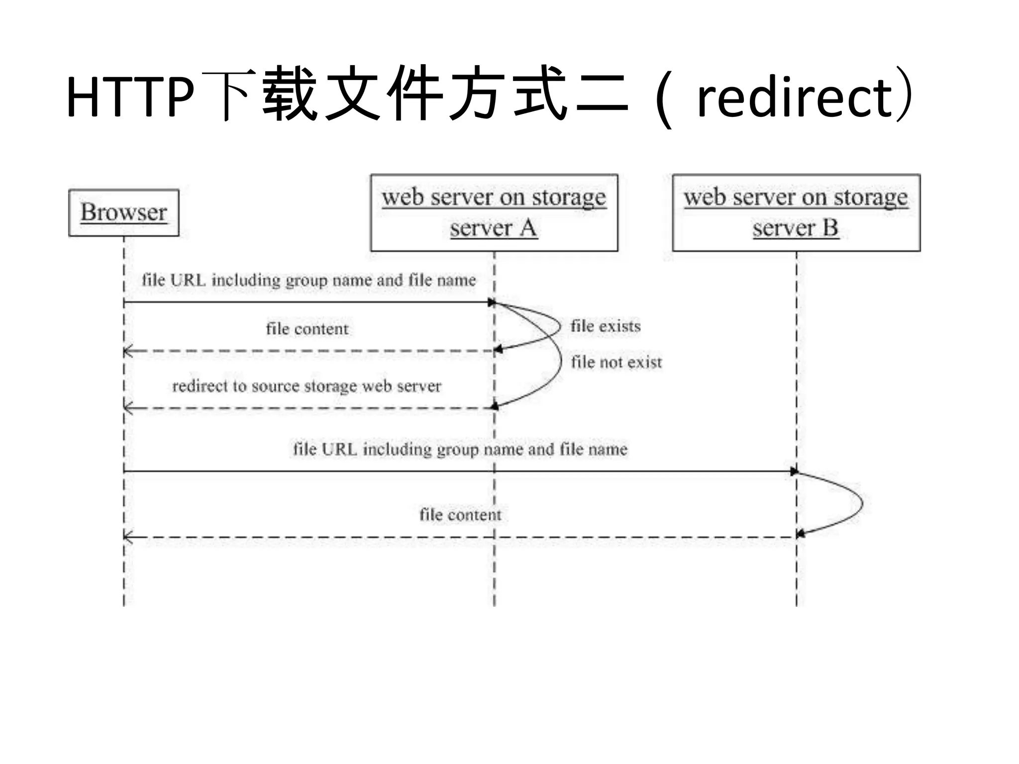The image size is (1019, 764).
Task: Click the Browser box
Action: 123,212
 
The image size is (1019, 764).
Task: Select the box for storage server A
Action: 494,212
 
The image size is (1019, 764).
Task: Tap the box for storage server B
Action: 796,212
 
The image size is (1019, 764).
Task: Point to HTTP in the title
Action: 130,97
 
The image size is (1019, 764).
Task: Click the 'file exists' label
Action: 605,326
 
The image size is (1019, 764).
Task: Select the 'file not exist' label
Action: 616,362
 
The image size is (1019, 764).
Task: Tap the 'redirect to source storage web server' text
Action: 306,386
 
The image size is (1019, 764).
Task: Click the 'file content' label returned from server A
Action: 307,329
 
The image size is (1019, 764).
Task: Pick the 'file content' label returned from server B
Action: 460,515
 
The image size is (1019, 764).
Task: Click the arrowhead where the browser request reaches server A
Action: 492,302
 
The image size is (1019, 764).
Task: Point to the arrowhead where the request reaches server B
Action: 794,471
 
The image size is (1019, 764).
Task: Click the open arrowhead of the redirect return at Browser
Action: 127,408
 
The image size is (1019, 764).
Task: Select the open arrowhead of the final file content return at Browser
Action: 127,537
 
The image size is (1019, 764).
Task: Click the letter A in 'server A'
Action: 528,228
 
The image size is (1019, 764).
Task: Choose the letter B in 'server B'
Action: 830,228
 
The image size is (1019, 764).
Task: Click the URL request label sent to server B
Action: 460,449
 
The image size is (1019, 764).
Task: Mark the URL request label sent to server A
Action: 308,280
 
